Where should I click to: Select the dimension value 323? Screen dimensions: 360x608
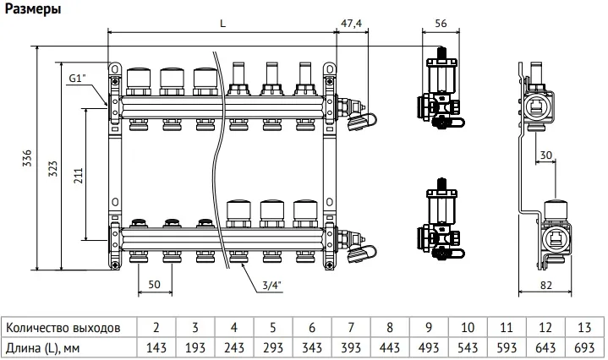coord(52,165)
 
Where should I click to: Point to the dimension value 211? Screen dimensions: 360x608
coord(78,174)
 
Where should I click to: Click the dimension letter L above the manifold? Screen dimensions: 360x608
coord(222,24)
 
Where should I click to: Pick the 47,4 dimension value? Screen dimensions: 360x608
coord(351,24)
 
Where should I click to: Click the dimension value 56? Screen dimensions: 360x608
coord(440,24)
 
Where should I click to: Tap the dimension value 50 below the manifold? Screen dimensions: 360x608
coord(154,284)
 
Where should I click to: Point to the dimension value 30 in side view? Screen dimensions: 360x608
coord(545,155)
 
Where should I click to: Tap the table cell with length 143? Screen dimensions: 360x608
coord(156,347)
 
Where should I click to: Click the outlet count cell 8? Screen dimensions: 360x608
coord(390,327)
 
